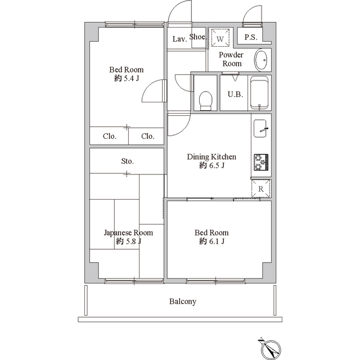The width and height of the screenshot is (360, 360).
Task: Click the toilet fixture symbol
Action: point(205,101)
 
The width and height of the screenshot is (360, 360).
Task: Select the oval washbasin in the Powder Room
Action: point(261,60)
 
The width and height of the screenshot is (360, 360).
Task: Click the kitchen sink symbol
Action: point(260,128)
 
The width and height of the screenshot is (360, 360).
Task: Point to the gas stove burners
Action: point(261,162)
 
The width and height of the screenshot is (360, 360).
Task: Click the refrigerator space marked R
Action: point(261,189)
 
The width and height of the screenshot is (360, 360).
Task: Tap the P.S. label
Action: point(251,37)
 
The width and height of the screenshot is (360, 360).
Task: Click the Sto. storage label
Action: point(128,161)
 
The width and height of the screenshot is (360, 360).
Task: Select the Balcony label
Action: point(183,301)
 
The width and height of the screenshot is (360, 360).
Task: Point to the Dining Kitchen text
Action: point(211,156)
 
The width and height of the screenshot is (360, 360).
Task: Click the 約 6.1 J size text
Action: point(211,241)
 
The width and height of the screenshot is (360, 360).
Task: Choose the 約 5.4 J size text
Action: point(127,79)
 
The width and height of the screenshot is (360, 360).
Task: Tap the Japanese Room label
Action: point(128,233)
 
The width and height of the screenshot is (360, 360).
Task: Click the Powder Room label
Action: point(231,59)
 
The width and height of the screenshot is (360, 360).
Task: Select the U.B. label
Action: point(235,94)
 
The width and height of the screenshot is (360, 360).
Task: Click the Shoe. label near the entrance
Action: point(198,37)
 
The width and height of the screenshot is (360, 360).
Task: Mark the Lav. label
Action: point(179,39)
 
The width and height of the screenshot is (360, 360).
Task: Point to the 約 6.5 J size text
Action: point(211,165)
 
